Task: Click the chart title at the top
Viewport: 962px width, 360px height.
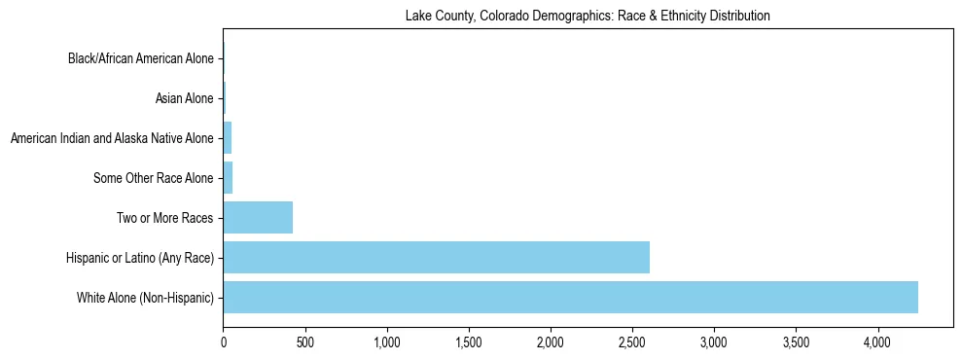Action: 588,16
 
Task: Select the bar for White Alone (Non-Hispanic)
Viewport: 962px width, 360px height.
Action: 570,297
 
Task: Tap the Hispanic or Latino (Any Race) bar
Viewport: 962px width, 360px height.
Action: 436,257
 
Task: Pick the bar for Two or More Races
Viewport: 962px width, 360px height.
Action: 258,217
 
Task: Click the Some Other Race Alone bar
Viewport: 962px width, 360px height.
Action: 228,178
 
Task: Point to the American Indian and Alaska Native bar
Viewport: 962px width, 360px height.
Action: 228,138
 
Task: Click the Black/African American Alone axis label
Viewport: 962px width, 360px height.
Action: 140,59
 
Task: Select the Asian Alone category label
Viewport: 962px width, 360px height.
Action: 184,98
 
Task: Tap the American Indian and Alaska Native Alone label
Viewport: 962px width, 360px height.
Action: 112,138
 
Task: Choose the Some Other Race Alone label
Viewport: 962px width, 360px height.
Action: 153,178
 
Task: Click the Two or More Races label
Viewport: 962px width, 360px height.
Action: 164,218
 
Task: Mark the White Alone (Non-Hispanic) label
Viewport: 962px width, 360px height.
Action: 145,297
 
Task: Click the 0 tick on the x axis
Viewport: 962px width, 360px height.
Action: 224,342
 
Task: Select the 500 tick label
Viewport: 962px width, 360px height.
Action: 305,342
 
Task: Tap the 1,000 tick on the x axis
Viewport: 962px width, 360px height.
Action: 387,342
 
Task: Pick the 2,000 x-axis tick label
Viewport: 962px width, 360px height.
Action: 551,342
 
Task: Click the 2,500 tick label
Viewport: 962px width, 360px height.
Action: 632,342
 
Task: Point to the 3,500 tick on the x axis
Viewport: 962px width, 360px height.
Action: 796,342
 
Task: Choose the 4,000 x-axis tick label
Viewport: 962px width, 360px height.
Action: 877,342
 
